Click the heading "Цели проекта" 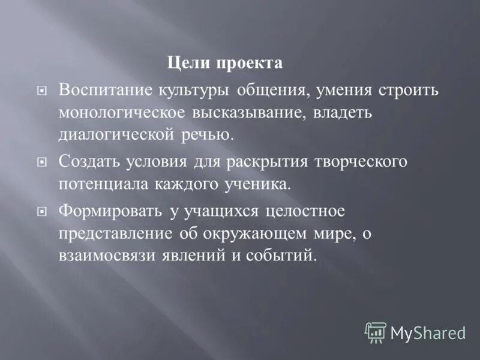tap(224, 63)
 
